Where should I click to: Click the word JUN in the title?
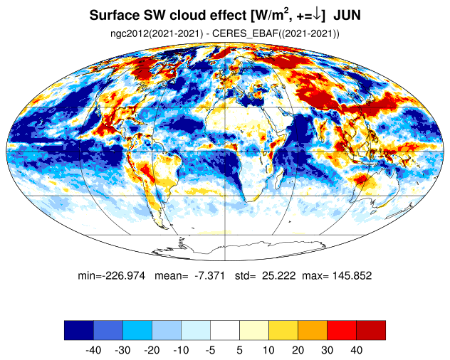tap(347, 15)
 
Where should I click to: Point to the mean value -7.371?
tap(209, 275)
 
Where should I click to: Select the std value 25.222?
tap(278, 275)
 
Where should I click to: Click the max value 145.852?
tap(352, 275)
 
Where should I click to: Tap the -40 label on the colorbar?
tap(93, 350)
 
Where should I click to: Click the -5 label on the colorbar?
tap(210, 350)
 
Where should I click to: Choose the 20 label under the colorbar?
tap(298, 350)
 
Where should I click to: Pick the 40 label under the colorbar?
tap(357, 350)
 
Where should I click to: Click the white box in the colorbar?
tap(225, 330)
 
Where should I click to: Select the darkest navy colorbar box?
tap(79, 330)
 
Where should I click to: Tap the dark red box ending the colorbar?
tap(371, 330)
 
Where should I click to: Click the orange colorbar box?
tap(313, 330)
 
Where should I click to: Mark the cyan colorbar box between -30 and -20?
tap(137, 330)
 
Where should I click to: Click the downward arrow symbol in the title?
tap(317, 16)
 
